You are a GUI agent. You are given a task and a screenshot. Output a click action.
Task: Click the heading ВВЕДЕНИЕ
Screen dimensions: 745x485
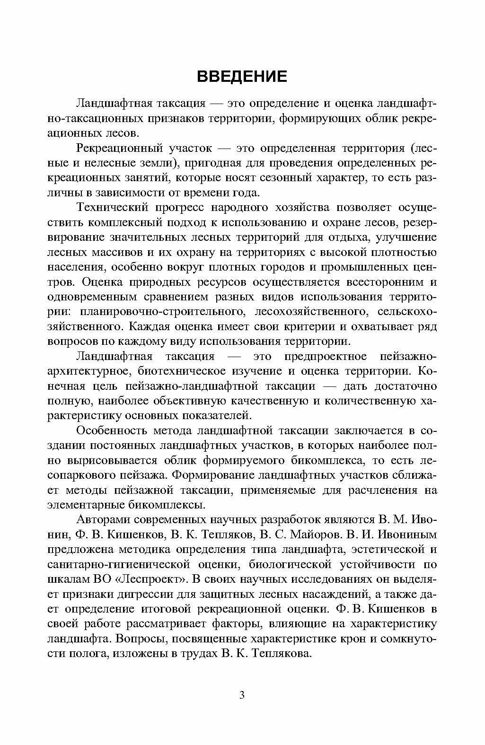pyautogui.click(x=242, y=76)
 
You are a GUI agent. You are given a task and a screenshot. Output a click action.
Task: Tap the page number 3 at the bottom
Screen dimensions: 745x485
pyautogui.click(x=242, y=695)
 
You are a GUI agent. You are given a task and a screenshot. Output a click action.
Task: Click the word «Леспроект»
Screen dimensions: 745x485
pyautogui.click(x=147, y=579)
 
